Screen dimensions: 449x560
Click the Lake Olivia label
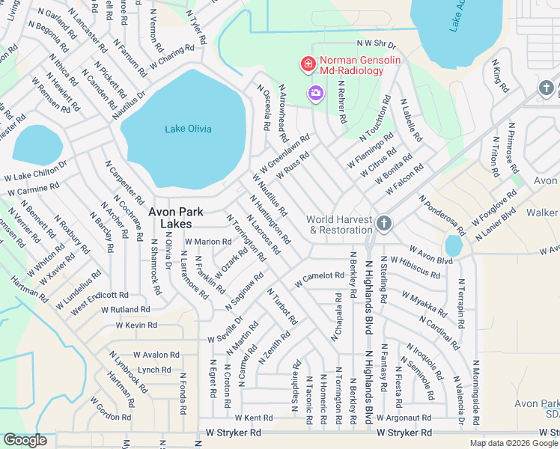(188, 129)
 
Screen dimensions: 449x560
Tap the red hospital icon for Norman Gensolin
(307, 65)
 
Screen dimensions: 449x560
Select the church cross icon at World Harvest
(383, 223)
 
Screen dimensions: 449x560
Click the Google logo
(25, 440)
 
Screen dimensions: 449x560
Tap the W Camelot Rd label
(319, 278)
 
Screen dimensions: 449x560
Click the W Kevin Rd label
(136, 326)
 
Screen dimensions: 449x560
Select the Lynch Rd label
(154, 370)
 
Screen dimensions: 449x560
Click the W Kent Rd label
(253, 418)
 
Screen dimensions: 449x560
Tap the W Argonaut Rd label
(404, 418)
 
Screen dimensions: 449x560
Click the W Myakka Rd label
(424, 299)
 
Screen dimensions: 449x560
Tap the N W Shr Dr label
(376, 45)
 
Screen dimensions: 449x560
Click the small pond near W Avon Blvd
(453, 245)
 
